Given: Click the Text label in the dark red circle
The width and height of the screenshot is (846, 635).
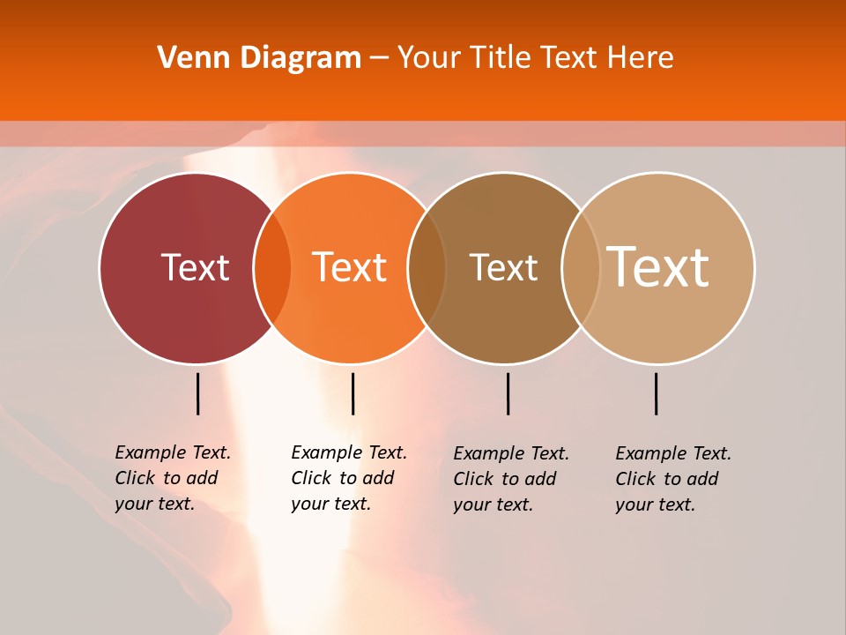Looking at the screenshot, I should point(195,267).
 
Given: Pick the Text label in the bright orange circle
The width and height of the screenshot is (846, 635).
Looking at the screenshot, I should point(350,267).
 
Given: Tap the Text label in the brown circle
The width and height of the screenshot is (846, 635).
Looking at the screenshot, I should point(503,267).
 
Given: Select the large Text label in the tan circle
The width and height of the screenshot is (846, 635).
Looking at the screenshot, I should point(658,267).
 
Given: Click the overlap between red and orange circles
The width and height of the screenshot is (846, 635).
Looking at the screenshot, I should point(272,267).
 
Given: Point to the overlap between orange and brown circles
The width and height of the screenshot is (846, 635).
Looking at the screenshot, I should point(427,267).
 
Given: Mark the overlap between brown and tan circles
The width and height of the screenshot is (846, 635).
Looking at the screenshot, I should point(581,267).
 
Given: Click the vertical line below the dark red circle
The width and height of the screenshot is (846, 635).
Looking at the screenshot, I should point(198,393).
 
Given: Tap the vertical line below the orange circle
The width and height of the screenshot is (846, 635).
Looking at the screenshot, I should point(352,393).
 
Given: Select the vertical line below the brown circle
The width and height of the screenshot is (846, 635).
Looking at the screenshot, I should point(508,393).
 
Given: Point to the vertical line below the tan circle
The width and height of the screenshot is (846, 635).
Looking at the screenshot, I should point(656,393).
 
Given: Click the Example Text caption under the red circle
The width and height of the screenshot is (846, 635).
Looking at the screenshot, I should point(172,478).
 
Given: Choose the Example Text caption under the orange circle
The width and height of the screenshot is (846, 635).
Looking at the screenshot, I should point(348,478).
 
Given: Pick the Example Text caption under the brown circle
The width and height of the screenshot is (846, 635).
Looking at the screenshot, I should point(510,479).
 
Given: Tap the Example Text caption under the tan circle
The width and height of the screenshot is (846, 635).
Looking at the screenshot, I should point(672,479).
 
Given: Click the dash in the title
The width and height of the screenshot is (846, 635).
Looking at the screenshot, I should point(379,59).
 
